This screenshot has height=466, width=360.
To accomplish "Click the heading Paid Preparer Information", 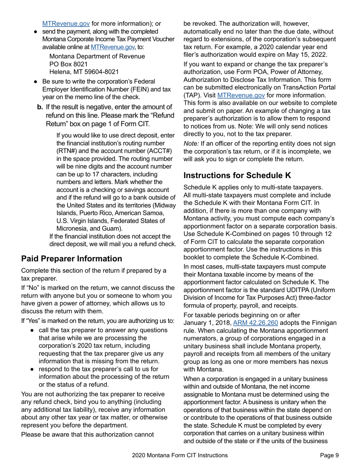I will tap(72, 259).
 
